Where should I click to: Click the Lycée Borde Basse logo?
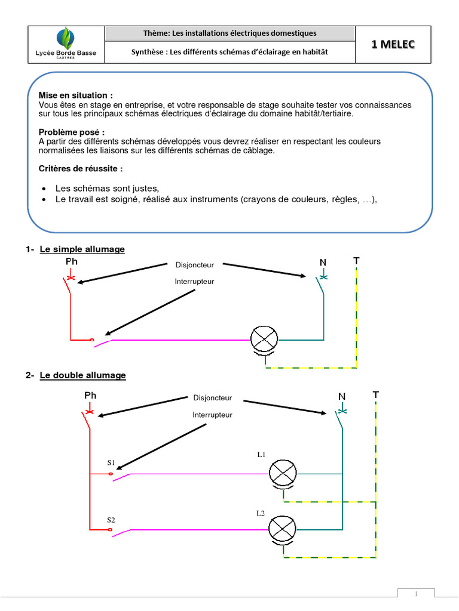coord(66,43)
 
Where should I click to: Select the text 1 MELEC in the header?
coord(393,44)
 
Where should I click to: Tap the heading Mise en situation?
coord(75,95)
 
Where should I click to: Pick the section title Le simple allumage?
coord(82,249)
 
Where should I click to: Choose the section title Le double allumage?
coord(82,375)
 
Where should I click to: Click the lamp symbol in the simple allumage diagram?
coord(264,340)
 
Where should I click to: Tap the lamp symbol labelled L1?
coord(283,474)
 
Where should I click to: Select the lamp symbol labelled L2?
coord(283,529)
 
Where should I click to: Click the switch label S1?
coord(111,462)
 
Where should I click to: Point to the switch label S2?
coord(111,520)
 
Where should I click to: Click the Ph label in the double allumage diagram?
coord(90,395)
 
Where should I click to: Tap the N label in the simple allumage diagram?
coord(323,263)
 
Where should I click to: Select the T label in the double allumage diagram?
coord(375,394)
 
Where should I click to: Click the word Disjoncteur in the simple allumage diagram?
coord(194,265)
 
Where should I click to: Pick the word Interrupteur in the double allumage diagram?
coord(212,415)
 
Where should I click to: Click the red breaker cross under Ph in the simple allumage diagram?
coord(71,277)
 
